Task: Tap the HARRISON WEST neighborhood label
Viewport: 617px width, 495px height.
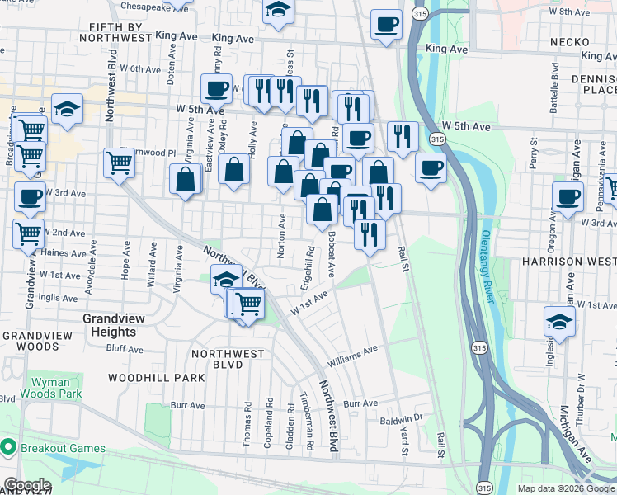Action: (x=568, y=261)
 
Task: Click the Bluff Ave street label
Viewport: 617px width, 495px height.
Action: (x=125, y=349)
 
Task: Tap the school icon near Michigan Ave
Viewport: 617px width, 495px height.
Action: (x=559, y=322)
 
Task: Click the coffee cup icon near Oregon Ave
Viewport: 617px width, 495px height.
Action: (x=568, y=197)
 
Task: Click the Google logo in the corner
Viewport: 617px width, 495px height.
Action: (x=27, y=485)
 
